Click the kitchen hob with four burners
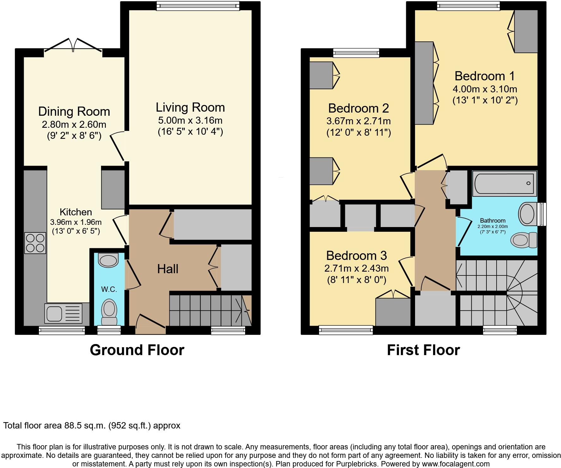[x=35, y=243]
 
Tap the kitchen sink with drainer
[x=63, y=313]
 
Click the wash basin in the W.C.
[x=108, y=260]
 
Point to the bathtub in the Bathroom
[x=504, y=183]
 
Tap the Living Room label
[x=190, y=108]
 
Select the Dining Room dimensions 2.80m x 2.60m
[x=74, y=124]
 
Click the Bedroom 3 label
[x=356, y=256]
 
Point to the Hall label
[x=168, y=269]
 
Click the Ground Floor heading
[x=137, y=350]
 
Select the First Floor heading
[x=423, y=350]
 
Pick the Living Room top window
[x=198, y=5]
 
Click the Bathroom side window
[x=542, y=214]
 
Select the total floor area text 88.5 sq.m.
[x=92, y=426]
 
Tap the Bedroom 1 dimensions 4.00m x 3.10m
[x=485, y=89]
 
